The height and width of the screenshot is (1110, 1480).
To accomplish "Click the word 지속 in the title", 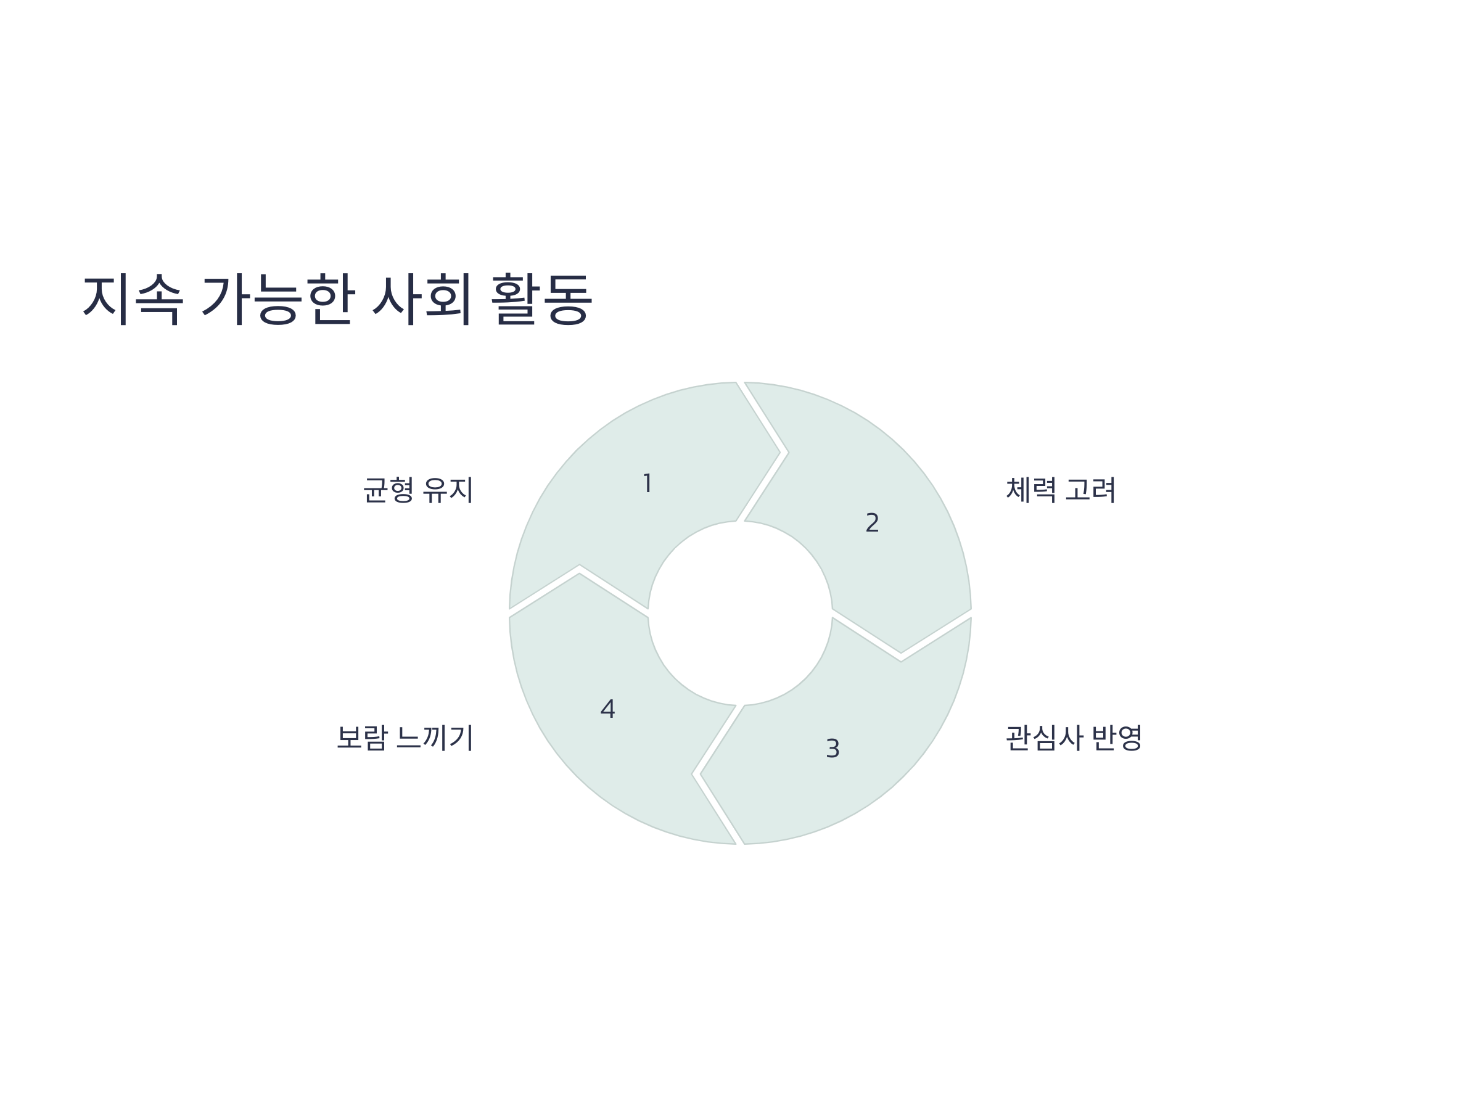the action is point(133,298).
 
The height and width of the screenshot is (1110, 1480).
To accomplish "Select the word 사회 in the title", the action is point(422,298).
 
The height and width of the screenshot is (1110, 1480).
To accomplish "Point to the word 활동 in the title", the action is point(541,298).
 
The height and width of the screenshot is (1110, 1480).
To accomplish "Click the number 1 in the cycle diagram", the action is point(647,483).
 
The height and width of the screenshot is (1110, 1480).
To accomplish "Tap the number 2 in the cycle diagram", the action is point(872,522).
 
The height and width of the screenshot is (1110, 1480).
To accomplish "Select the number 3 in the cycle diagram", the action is point(832,749).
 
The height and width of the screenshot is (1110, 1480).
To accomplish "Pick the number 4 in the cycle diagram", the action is point(607,709).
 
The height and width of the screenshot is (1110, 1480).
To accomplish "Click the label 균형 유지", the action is point(418,490).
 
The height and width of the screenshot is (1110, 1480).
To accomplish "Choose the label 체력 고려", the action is point(1061,490).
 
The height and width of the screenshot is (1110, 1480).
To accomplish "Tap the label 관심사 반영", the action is point(1074,738).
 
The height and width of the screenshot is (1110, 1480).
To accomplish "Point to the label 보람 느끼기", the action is point(405,738).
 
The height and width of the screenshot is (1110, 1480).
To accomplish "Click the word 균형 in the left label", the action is point(388,490).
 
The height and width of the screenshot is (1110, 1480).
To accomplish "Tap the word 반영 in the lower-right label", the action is point(1117,738).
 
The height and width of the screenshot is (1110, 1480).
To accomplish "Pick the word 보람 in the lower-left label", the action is point(361,738).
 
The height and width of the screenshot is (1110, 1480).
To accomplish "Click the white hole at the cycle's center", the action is point(740,613).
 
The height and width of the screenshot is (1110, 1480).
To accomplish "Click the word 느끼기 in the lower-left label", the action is point(434,738).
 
